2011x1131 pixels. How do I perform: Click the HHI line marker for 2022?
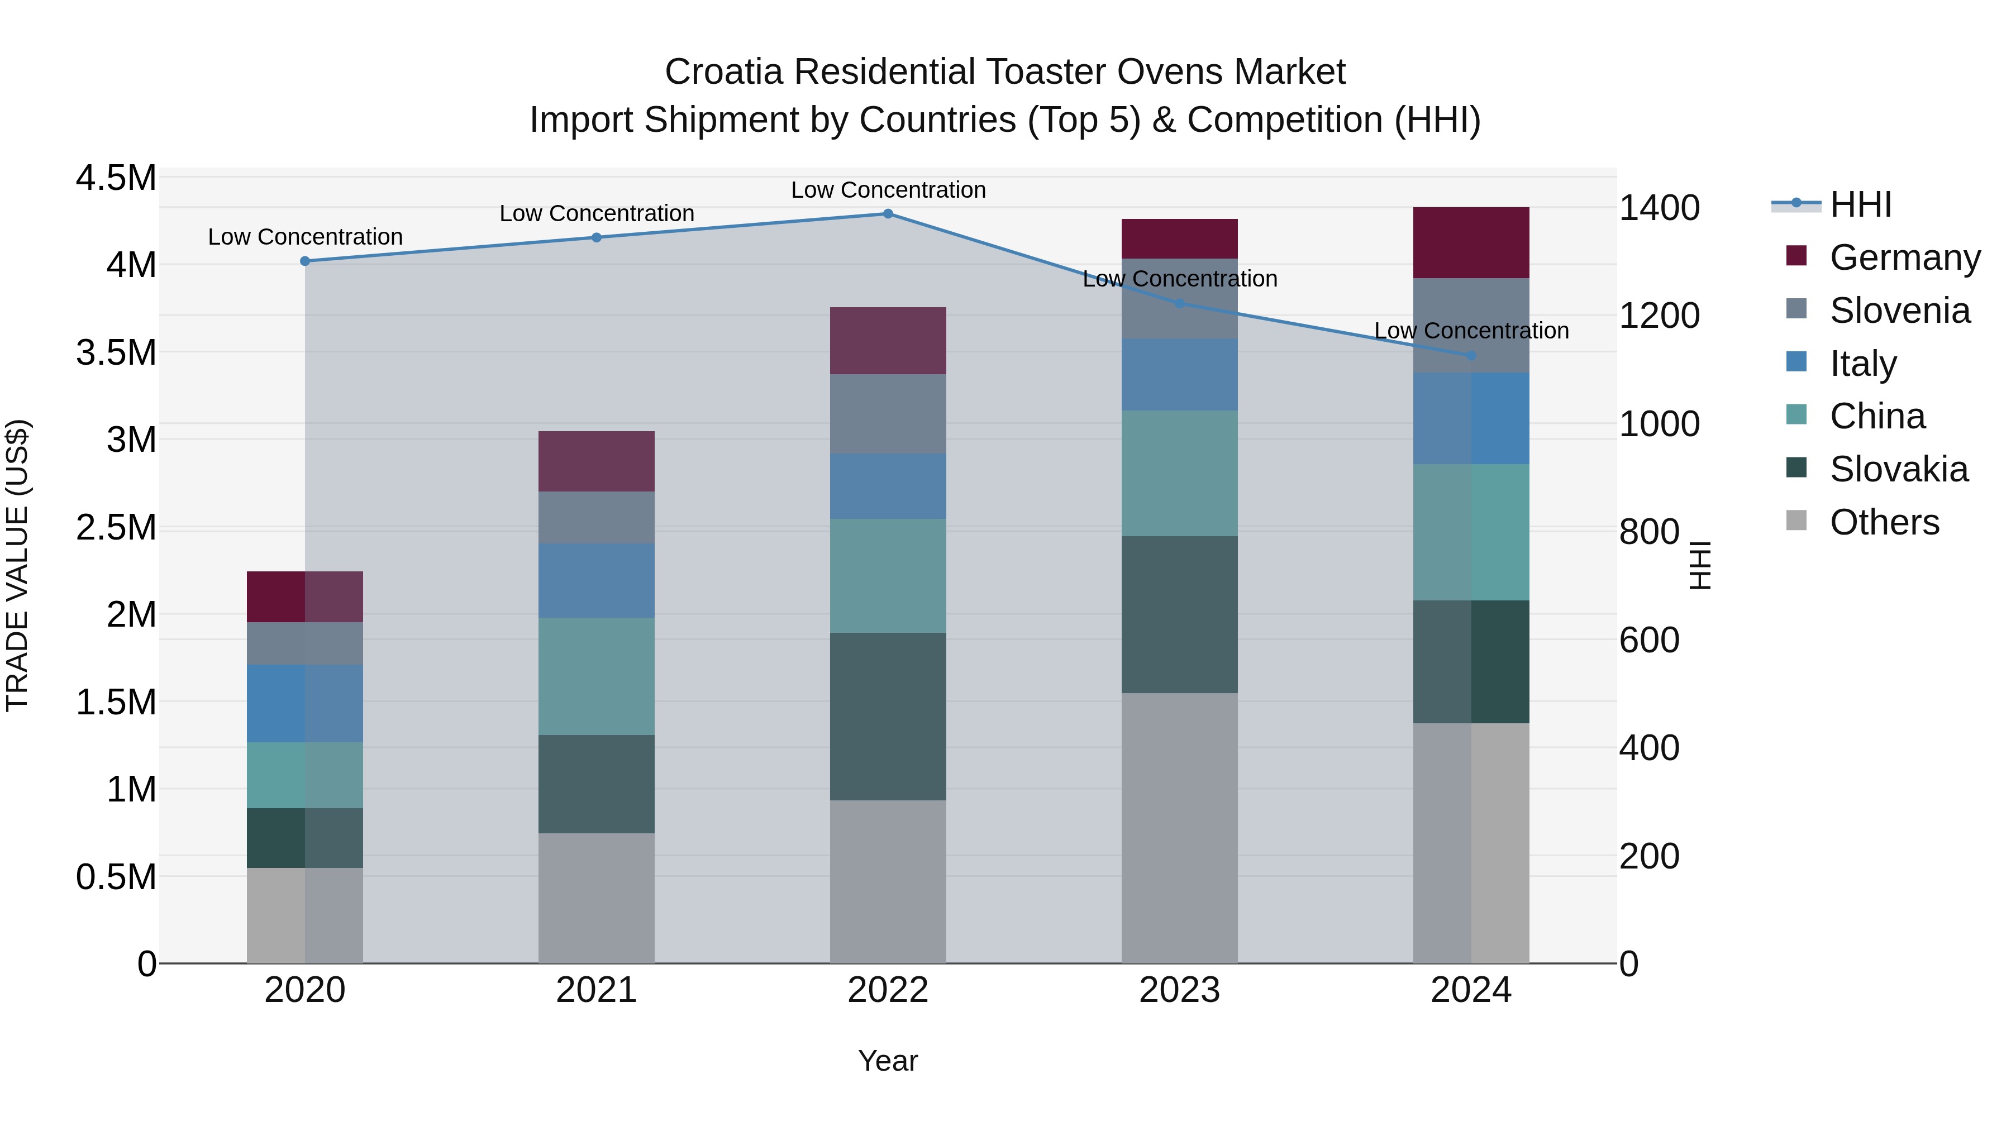pos(888,214)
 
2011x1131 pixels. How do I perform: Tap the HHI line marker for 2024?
pos(1471,356)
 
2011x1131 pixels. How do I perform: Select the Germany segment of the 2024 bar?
pos(1471,243)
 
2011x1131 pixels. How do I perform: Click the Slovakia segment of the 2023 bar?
pos(1179,614)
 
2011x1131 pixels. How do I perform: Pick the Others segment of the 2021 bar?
pos(597,898)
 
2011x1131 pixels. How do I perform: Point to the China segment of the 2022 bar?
pos(888,575)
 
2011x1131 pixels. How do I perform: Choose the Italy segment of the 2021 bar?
pos(597,581)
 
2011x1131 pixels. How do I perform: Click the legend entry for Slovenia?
pos(1899,311)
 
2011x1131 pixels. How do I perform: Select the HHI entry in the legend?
pos(1860,204)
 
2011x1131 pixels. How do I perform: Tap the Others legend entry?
pos(1883,522)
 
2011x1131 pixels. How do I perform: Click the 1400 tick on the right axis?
pos(1659,208)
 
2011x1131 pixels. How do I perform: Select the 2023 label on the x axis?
pos(1179,990)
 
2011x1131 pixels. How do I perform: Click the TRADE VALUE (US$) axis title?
pos(17,565)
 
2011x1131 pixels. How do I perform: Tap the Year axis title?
pos(888,1061)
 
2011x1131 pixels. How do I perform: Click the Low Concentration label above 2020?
pos(305,236)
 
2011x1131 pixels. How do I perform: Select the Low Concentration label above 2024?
pos(1471,331)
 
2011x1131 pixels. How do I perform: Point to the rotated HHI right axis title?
pos(1699,565)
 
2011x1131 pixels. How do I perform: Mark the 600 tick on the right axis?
pos(1649,640)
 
